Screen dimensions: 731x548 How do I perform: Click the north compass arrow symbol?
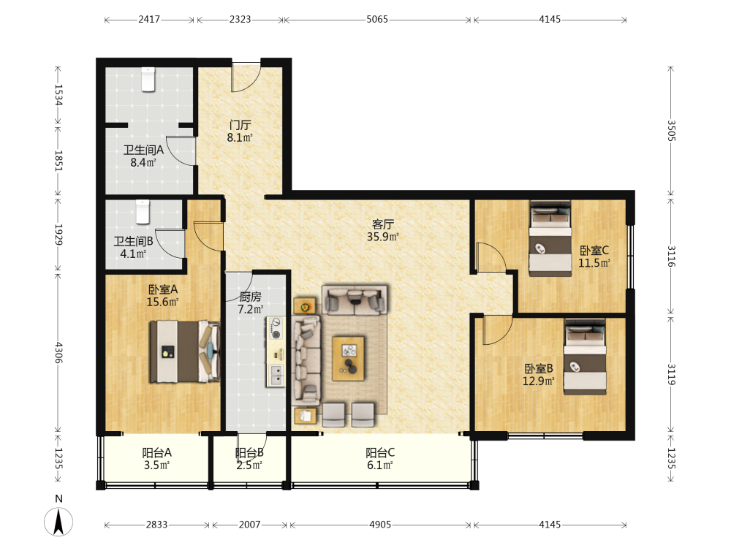click(58, 522)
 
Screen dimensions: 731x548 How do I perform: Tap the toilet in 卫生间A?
click(148, 79)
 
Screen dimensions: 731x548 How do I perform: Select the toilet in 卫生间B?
click(143, 212)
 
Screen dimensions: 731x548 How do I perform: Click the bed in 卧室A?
click(185, 351)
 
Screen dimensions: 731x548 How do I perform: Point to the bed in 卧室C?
click(550, 239)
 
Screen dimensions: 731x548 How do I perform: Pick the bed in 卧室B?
click(585, 357)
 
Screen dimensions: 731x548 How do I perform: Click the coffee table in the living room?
click(348, 358)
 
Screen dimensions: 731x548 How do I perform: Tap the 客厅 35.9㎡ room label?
click(383, 231)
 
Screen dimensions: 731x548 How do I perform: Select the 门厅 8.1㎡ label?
click(240, 132)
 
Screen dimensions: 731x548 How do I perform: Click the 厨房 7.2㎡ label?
click(250, 303)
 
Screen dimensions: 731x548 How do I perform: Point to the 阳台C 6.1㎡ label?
click(380, 459)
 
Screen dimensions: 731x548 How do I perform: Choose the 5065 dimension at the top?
click(377, 20)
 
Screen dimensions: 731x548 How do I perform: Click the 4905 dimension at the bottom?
click(380, 525)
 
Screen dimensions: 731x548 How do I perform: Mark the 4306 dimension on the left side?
click(58, 352)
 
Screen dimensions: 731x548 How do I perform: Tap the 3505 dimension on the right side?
click(671, 131)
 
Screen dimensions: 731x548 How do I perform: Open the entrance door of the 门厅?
click(246, 77)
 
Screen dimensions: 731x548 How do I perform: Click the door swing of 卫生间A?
click(181, 151)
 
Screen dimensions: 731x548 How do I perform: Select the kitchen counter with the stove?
click(276, 352)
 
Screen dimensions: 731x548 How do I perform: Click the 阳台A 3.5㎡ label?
click(156, 459)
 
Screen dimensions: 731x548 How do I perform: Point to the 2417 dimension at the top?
click(149, 20)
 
